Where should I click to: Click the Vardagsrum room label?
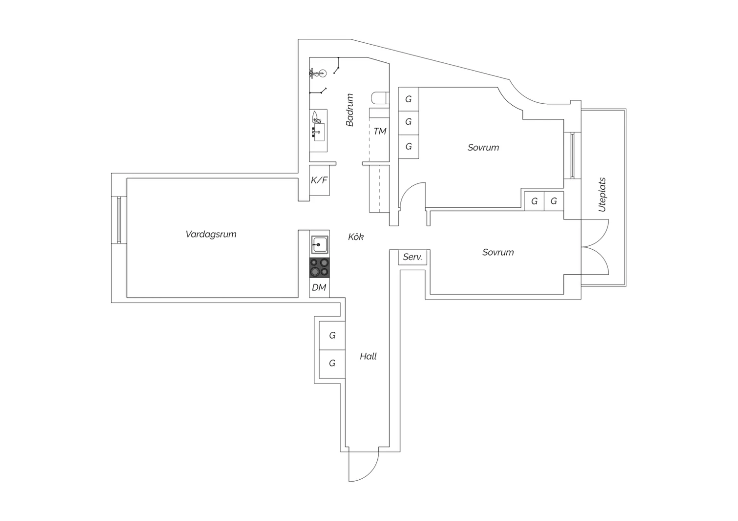coord(211,234)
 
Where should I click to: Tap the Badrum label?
coord(349,110)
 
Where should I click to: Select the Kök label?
coord(356,236)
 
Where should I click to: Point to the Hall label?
coord(368,356)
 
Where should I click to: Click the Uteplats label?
coord(602,195)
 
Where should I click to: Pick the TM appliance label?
coord(379,131)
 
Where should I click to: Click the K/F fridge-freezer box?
coord(319,180)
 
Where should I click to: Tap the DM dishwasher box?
coord(319,288)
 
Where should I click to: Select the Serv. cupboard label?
coord(412,257)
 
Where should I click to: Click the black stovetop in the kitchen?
coord(319,267)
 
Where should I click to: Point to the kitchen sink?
coord(320,245)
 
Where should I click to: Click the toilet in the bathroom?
coord(380,98)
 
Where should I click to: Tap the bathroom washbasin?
coord(319,132)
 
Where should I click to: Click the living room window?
coord(119,220)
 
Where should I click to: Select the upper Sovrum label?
coord(483,147)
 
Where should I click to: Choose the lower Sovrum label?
coord(498,252)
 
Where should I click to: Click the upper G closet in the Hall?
coord(332,335)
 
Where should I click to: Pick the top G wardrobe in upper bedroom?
coord(408,99)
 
